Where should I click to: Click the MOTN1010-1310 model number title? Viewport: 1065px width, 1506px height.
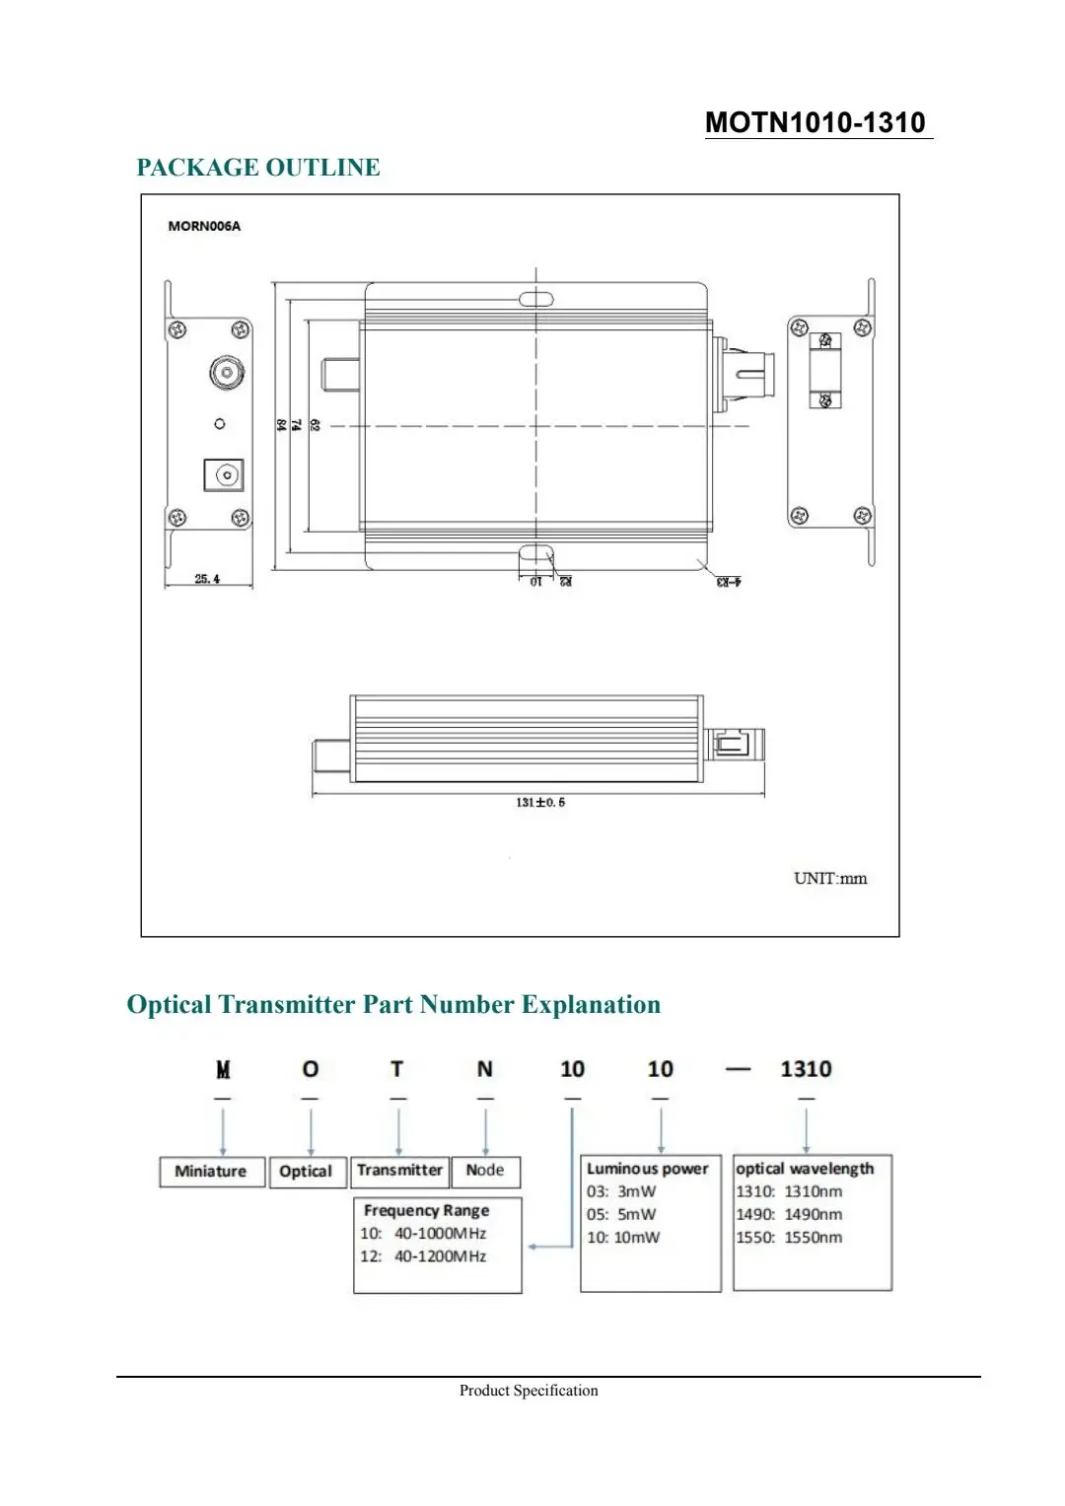tap(816, 122)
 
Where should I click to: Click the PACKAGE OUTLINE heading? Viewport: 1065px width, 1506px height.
tap(258, 168)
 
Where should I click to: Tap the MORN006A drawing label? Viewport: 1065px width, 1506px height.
tap(204, 226)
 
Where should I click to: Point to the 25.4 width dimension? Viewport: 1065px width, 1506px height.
tap(207, 579)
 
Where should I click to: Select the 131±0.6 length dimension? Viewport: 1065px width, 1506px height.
tap(540, 802)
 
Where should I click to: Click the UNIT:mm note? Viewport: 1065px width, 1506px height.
tap(830, 878)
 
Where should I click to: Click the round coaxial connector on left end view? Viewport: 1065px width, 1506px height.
tap(227, 374)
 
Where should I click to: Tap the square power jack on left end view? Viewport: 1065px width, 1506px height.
tap(224, 475)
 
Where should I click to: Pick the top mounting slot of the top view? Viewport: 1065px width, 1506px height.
tap(535, 298)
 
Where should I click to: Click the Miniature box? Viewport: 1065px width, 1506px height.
tap(211, 1172)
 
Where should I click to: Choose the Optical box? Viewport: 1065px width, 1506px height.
tap(306, 1172)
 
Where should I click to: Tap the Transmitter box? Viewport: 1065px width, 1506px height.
tap(399, 1171)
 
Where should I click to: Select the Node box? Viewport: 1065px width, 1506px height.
tap(485, 1171)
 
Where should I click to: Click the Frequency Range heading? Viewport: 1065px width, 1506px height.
tap(426, 1210)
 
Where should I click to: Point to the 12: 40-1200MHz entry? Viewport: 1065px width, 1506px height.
tap(423, 1256)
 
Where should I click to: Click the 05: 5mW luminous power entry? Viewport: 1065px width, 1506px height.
tap(621, 1215)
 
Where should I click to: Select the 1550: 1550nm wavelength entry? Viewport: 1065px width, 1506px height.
tap(789, 1238)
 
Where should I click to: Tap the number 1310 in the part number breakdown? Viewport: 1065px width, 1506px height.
tap(806, 1069)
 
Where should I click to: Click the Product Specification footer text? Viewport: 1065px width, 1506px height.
tap(529, 1391)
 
